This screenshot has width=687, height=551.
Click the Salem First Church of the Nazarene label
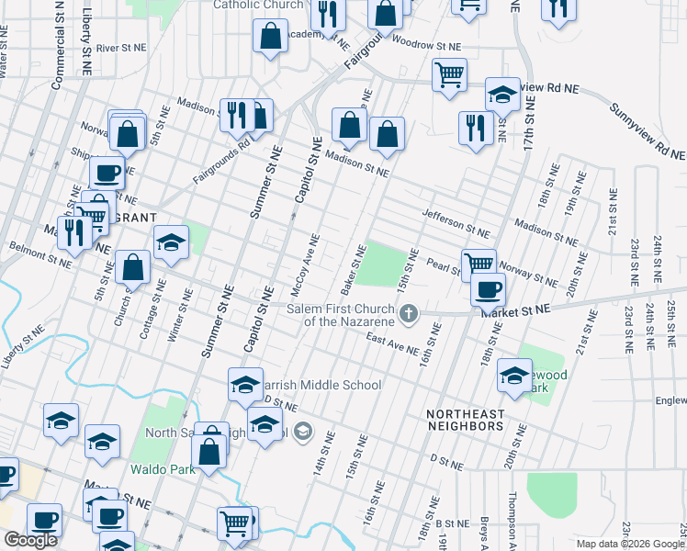point(340,315)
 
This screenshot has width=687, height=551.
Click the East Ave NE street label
point(392,344)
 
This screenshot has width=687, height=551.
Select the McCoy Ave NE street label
point(305,265)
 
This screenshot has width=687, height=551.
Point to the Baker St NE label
point(354,270)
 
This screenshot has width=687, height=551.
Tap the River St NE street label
point(121,47)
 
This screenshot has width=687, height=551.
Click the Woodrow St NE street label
point(425,44)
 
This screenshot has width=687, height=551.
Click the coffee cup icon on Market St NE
point(488,288)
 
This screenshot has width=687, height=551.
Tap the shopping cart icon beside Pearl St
point(479,264)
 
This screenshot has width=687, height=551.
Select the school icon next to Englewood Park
point(514,374)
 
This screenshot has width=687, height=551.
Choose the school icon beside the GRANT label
point(171,242)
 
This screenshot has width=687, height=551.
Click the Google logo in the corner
point(30,540)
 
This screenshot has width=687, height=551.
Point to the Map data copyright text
point(630,544)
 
